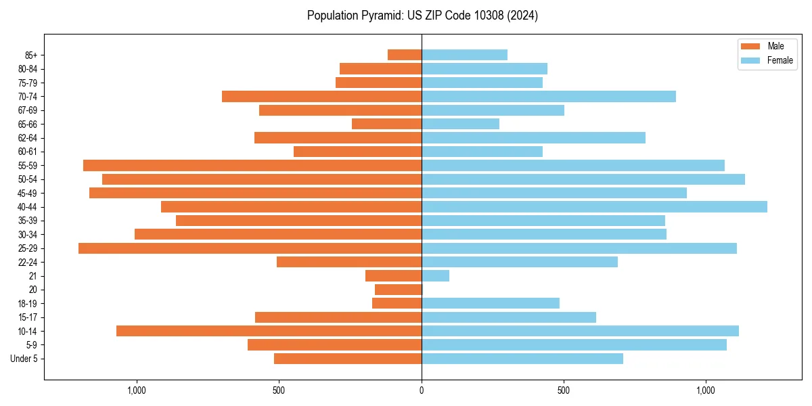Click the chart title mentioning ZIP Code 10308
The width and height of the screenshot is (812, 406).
[422, 16]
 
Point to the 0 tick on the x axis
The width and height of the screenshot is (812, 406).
[421, 390]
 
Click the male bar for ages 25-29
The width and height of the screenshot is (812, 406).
[250, 248]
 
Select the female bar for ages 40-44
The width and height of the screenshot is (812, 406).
[594, 207]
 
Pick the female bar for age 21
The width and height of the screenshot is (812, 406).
[435, 276]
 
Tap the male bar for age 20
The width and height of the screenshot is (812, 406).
[398, 290]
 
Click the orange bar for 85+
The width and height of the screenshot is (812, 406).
[405, 55]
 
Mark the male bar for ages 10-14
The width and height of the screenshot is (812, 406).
[269, 331]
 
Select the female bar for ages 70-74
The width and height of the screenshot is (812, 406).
[548, 97]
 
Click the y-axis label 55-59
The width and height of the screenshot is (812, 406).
[28, 166]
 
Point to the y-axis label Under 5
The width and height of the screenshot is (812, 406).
[24, 359]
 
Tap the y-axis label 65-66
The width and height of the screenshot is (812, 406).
[28, 125]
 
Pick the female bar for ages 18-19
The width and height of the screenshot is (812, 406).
[490, 303]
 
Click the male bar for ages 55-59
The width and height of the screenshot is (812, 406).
[252, 166]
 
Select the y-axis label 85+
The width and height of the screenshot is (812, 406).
[30, 55]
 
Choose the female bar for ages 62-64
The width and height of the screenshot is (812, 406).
[533, 138]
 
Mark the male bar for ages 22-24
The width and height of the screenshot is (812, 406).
[349, 262]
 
